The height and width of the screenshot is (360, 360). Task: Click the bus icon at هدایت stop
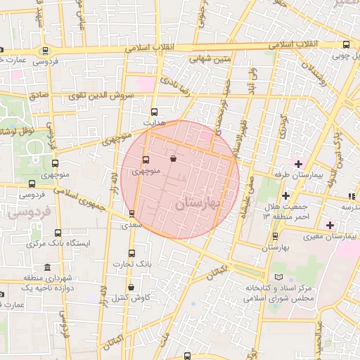click(154, 111)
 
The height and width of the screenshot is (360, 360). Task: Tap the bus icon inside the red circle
click(146, 160)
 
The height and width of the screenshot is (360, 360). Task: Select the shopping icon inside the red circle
click(174, 160)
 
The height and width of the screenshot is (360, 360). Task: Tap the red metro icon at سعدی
click(131, 213)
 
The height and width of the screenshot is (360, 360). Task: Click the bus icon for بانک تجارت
click(131, 253)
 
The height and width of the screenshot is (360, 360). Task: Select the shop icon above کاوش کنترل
click(131, 287)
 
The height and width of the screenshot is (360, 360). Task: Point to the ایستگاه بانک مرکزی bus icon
click(58, 233)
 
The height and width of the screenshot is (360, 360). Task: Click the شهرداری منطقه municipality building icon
click(47, 268)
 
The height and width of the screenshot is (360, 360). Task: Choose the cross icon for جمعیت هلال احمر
click(285, 195)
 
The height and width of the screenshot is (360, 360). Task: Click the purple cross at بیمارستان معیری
click(330, 225)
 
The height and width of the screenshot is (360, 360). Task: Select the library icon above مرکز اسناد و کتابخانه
click(281, 278)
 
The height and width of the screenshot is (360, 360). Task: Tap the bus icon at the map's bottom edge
click(187, 356)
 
